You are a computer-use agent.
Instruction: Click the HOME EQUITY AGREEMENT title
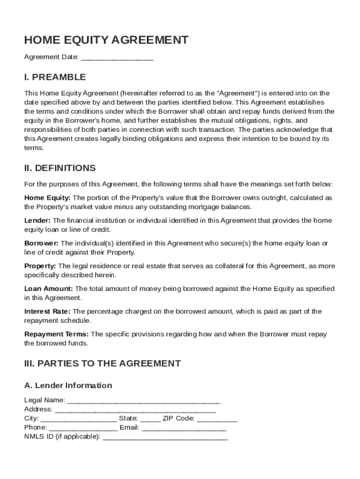click(x=106, y=40)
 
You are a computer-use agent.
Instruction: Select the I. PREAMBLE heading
click(x=55, y=77)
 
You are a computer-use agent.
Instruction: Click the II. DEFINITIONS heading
click(x=60, y=168)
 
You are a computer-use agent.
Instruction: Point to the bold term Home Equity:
click(x=47, y=198)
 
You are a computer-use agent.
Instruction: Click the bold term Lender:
click(x=37, y=220)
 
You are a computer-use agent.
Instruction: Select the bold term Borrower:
click(x=41, y=243)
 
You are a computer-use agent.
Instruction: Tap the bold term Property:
click(x=40, y=266)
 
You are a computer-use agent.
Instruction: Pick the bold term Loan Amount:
click(x=48, y=289)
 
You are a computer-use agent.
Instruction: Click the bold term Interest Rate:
click(x=47, y=312)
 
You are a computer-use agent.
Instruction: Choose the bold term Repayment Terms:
click(x=56, y=334)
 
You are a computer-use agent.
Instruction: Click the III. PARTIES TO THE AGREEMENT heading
click(x=102, y=363)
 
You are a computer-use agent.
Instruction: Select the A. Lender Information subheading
click(x=68, y=385)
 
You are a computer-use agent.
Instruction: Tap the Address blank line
click(x=135, y=410)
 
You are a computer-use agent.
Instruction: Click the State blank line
click(x=150, y=419)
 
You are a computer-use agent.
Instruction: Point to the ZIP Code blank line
click(x=217, y=419)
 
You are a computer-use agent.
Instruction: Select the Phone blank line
click(x=83, y=428)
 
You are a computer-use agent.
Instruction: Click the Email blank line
click(x=184, y=428)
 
